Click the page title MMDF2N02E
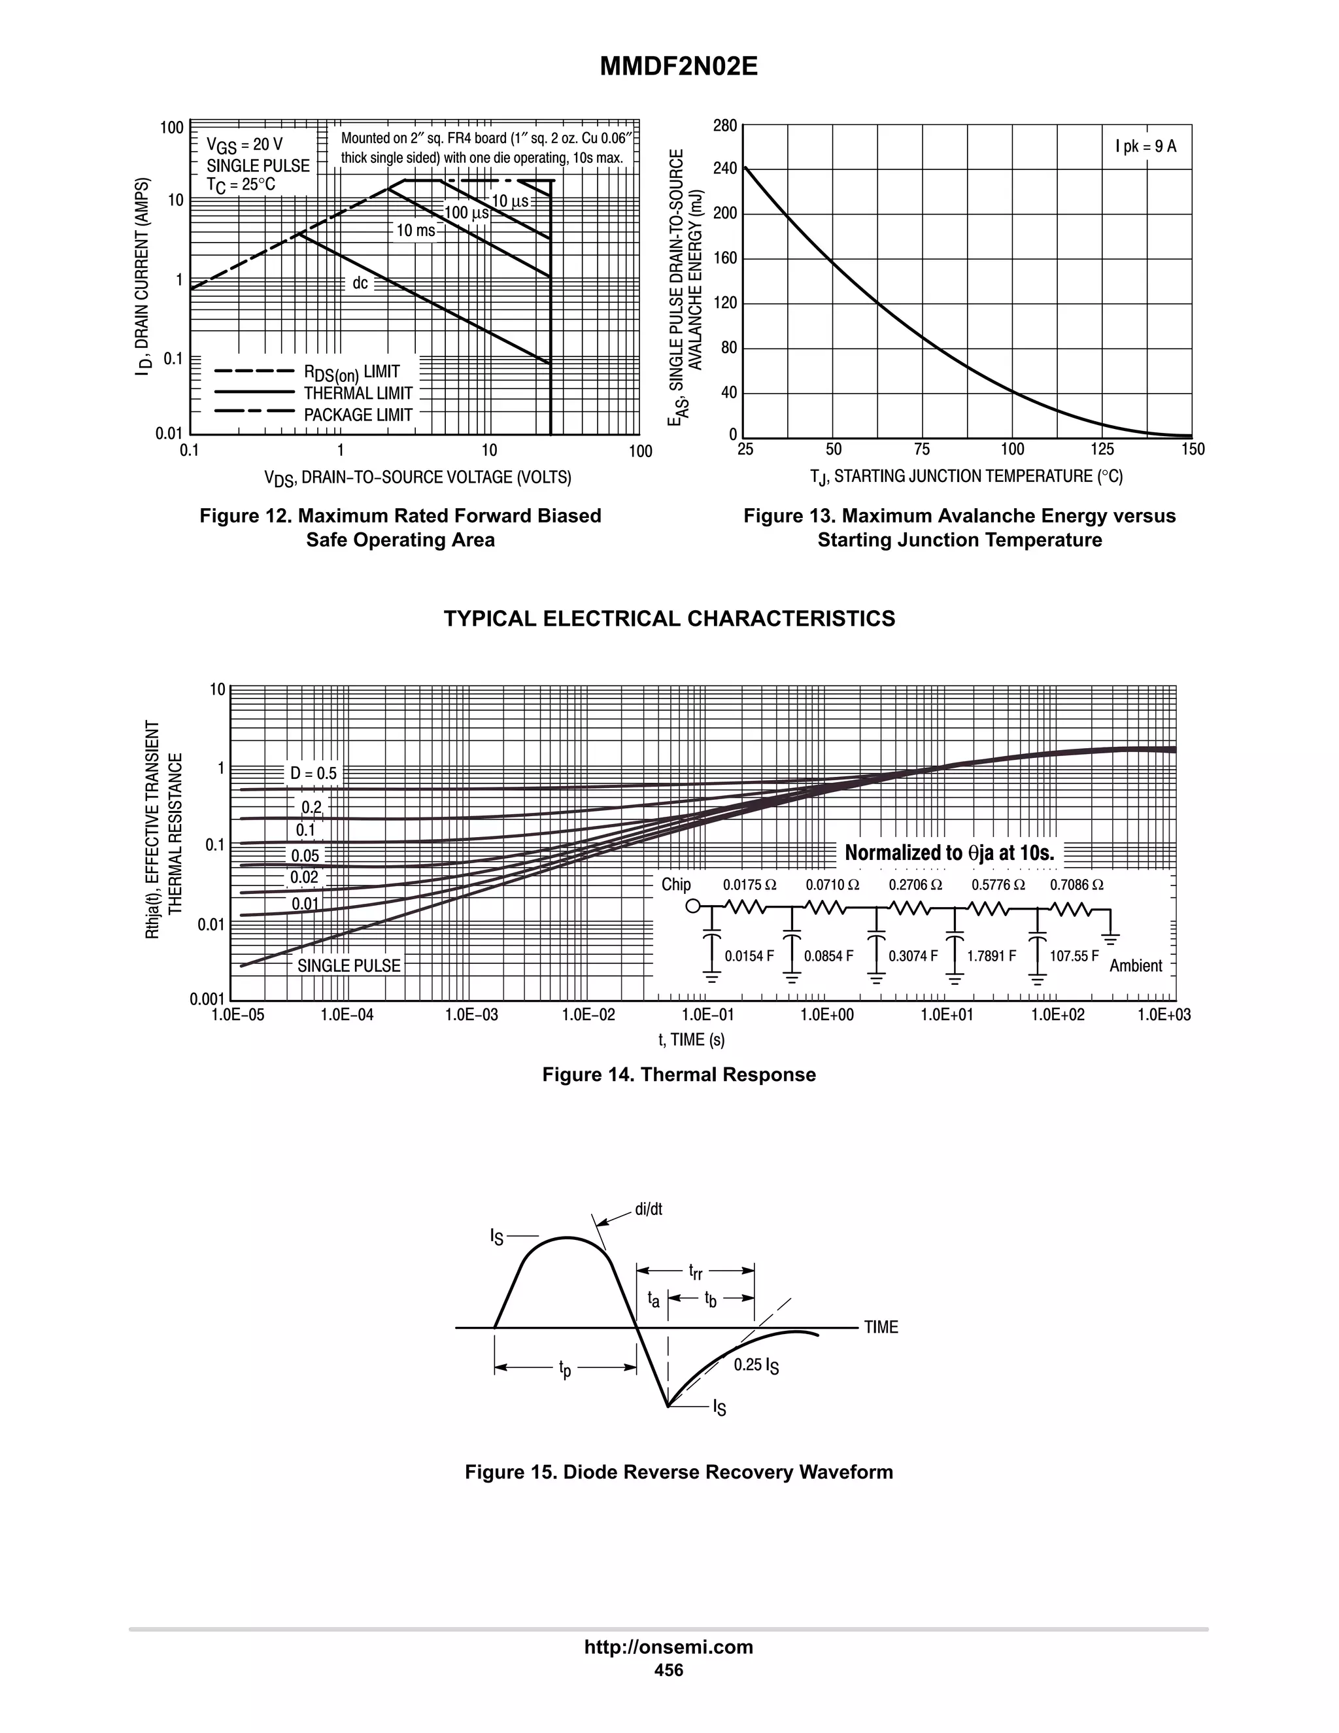coord(678,67)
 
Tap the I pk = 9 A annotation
coord(1145,146)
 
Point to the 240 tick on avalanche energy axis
coord(725,168)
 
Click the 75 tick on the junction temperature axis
coord(922,450)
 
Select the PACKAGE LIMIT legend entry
coord(358,415)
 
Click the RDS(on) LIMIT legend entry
coord(351,372)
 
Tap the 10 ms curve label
coord(416,231)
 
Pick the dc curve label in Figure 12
coord(360,283)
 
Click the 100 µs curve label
coord(466,213)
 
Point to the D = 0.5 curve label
coord(313,774)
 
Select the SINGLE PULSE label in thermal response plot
coord(349,966)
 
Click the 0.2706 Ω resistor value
coord(915,885)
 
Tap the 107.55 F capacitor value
coord(1074,956)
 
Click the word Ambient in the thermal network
coord(1135,966)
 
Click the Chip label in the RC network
coord(676,885)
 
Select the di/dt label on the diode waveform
coord(648,1209)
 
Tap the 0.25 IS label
coord(755,1365)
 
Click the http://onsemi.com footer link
coord(669,1647)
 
